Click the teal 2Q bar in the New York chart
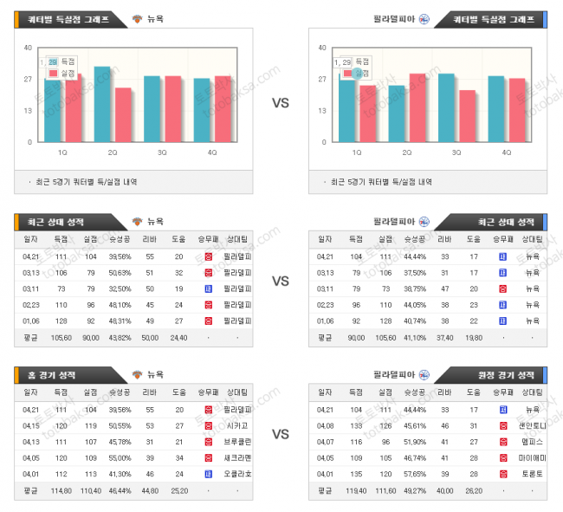(102, 104)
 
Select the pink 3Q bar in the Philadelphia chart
(467, 116)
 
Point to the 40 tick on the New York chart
(29, 48)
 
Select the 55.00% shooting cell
(120, 457)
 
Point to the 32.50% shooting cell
(120, 288)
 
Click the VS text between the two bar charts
(281, 102)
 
